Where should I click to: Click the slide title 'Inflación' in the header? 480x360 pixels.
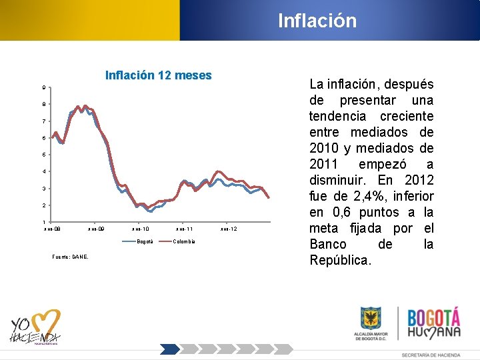[317, 21]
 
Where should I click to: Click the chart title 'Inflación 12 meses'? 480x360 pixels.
[158, 75]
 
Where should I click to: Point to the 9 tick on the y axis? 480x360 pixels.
[44, 88]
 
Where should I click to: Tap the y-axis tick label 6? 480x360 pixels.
[44, 138]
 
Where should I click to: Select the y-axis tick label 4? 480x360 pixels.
[44, 172]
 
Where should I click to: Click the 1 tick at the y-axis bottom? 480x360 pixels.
[44, 222]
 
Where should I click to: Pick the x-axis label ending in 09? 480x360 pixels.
[96, 229]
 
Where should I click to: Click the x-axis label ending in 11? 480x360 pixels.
[184, 229]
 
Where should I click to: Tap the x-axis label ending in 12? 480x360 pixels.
[228, 229]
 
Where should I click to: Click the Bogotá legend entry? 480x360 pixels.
[144, 241]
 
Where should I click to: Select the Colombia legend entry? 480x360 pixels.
[184, 241]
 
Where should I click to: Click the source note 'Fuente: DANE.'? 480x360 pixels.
[69, 257]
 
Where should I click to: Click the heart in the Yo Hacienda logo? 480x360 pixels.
[46, 323]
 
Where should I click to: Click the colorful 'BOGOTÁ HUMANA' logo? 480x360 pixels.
[433, 324]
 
